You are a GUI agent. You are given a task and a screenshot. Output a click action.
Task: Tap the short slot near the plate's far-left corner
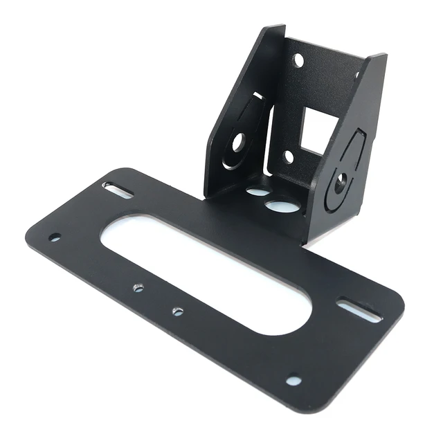(118, 190)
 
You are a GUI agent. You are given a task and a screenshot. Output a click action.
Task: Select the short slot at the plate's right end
(359, 309)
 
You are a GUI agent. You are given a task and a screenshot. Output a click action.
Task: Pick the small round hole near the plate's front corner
(293, 381)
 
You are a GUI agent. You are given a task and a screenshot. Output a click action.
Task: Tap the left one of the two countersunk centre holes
(138, 287)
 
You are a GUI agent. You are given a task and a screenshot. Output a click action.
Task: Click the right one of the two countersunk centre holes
(178, 311)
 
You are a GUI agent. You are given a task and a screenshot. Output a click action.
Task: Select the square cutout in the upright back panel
(318, 132)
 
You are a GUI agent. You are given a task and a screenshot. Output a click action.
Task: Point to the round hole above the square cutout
(298, 61)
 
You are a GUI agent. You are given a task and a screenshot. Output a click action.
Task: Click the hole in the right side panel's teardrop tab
(341, 183)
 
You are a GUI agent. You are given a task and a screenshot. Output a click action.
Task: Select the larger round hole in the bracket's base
(281, 206)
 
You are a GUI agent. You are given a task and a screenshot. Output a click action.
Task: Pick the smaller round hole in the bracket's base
(257, 190)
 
